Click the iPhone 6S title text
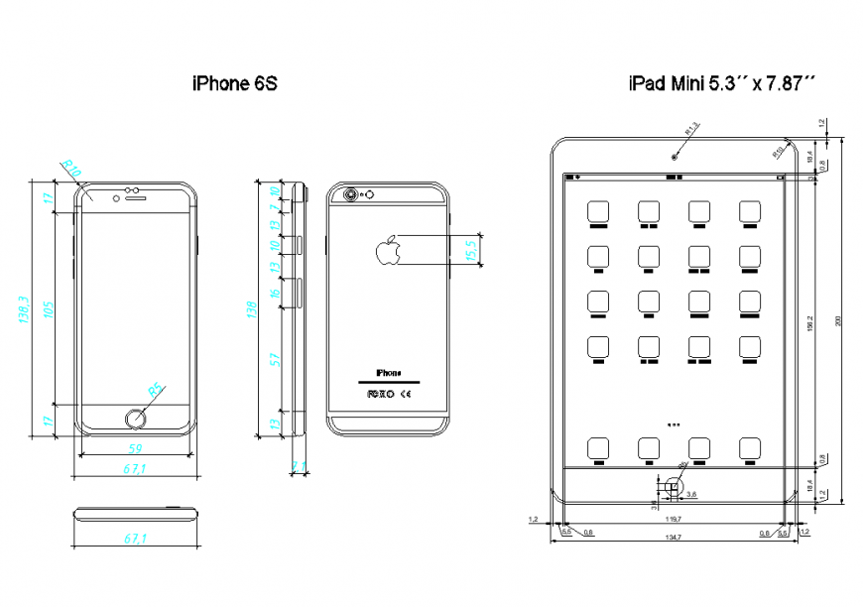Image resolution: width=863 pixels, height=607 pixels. point(234,85)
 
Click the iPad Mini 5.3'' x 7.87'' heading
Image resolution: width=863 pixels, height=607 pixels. point(721,85)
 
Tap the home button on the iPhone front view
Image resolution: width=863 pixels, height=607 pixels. point(136,419)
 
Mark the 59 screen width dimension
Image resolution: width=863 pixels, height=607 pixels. point(135,449)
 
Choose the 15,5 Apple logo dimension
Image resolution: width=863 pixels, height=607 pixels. point(472,250)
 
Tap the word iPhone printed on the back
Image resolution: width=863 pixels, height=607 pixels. point(389,373)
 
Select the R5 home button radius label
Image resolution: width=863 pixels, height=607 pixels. point(156,391)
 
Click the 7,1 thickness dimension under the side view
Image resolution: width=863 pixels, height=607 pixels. point(299,465)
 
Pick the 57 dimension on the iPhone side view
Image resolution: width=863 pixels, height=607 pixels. point(275,359)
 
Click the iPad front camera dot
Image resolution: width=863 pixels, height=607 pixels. point(674,157)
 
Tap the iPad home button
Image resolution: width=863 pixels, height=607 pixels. point(674,485)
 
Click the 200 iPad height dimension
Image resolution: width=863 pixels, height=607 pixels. point(837,320)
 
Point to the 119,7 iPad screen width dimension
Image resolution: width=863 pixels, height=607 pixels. point(673,519)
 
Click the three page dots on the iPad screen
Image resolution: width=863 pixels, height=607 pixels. point(674,425)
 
